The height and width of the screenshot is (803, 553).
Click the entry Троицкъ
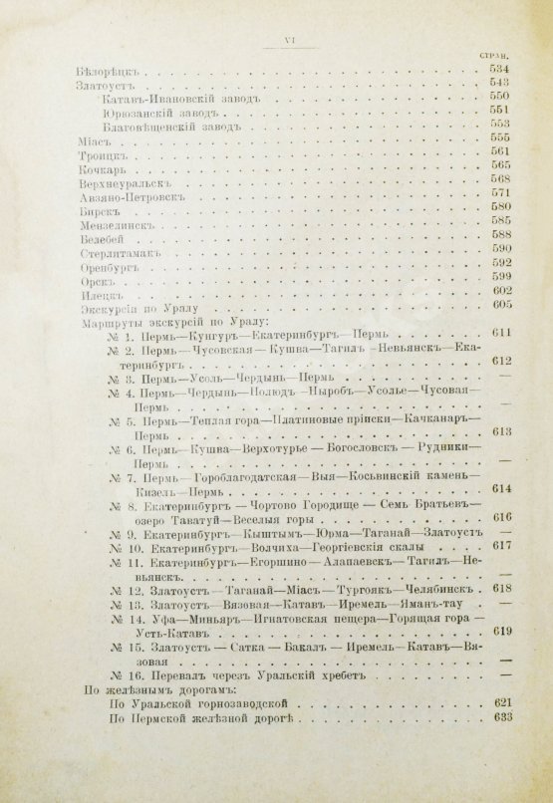[x=99, y=157]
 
